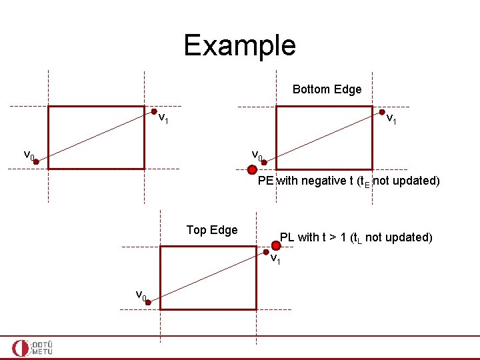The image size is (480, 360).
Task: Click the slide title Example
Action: [239, 45]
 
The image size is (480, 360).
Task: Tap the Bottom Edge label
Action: [327, 89]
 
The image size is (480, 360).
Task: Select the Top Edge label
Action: [212, 230]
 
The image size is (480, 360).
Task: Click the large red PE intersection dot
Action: [252, 170]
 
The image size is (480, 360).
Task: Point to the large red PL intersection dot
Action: [276, 245]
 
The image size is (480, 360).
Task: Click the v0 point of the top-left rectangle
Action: [39, 161]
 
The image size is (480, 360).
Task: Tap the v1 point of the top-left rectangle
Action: [155, 113]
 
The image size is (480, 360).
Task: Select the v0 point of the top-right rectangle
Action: [265, 161]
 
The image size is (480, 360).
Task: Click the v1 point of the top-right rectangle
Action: [382, 113]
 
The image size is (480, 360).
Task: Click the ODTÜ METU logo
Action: [33, 347]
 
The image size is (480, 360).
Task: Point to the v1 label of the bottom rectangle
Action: [275, 258]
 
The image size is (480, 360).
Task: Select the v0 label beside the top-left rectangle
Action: [28, 155]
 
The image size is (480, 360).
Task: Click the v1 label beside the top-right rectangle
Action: [393, 121]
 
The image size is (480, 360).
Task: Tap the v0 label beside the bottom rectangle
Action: [141, 295]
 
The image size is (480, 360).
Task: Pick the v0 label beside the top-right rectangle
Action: [257, 155]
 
